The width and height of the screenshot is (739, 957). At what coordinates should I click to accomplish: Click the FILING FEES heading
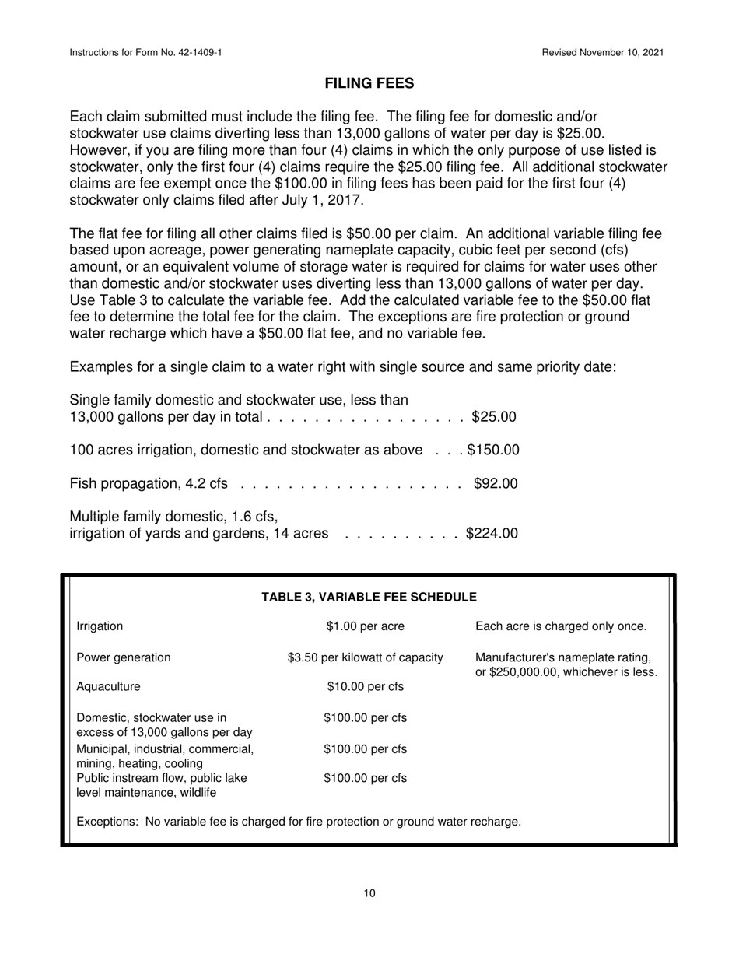tap(369, 83)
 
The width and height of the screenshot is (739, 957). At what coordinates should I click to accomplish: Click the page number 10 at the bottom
tap(369, 893)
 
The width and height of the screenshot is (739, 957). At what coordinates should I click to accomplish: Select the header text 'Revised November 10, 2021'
tap(603, 52)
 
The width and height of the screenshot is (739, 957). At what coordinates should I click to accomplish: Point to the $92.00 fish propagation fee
tap(495, 484)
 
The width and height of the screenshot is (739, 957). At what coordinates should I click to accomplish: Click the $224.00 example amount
tap(492, 534)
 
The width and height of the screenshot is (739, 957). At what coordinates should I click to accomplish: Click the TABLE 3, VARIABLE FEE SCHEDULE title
tap(369, 597)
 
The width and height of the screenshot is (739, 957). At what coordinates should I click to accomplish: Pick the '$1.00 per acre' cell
tap(366, 626)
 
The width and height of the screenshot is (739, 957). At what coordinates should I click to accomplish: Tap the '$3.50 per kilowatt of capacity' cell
tap(366, 657)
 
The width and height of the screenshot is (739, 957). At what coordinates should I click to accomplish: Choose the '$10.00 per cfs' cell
tap(366, 686)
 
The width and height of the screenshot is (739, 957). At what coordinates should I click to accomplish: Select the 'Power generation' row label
tap(124, 657)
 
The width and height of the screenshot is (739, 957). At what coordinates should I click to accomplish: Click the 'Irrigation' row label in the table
tap(100, 626)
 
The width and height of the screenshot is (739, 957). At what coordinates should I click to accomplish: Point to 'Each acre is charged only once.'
tap(560, 626)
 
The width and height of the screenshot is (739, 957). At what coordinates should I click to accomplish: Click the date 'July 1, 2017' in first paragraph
tap(320, 200)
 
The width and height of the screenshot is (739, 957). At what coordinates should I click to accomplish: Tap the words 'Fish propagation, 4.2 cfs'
tap(149, 484)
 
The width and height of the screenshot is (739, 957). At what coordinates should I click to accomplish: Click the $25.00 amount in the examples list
tap(494, 417)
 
